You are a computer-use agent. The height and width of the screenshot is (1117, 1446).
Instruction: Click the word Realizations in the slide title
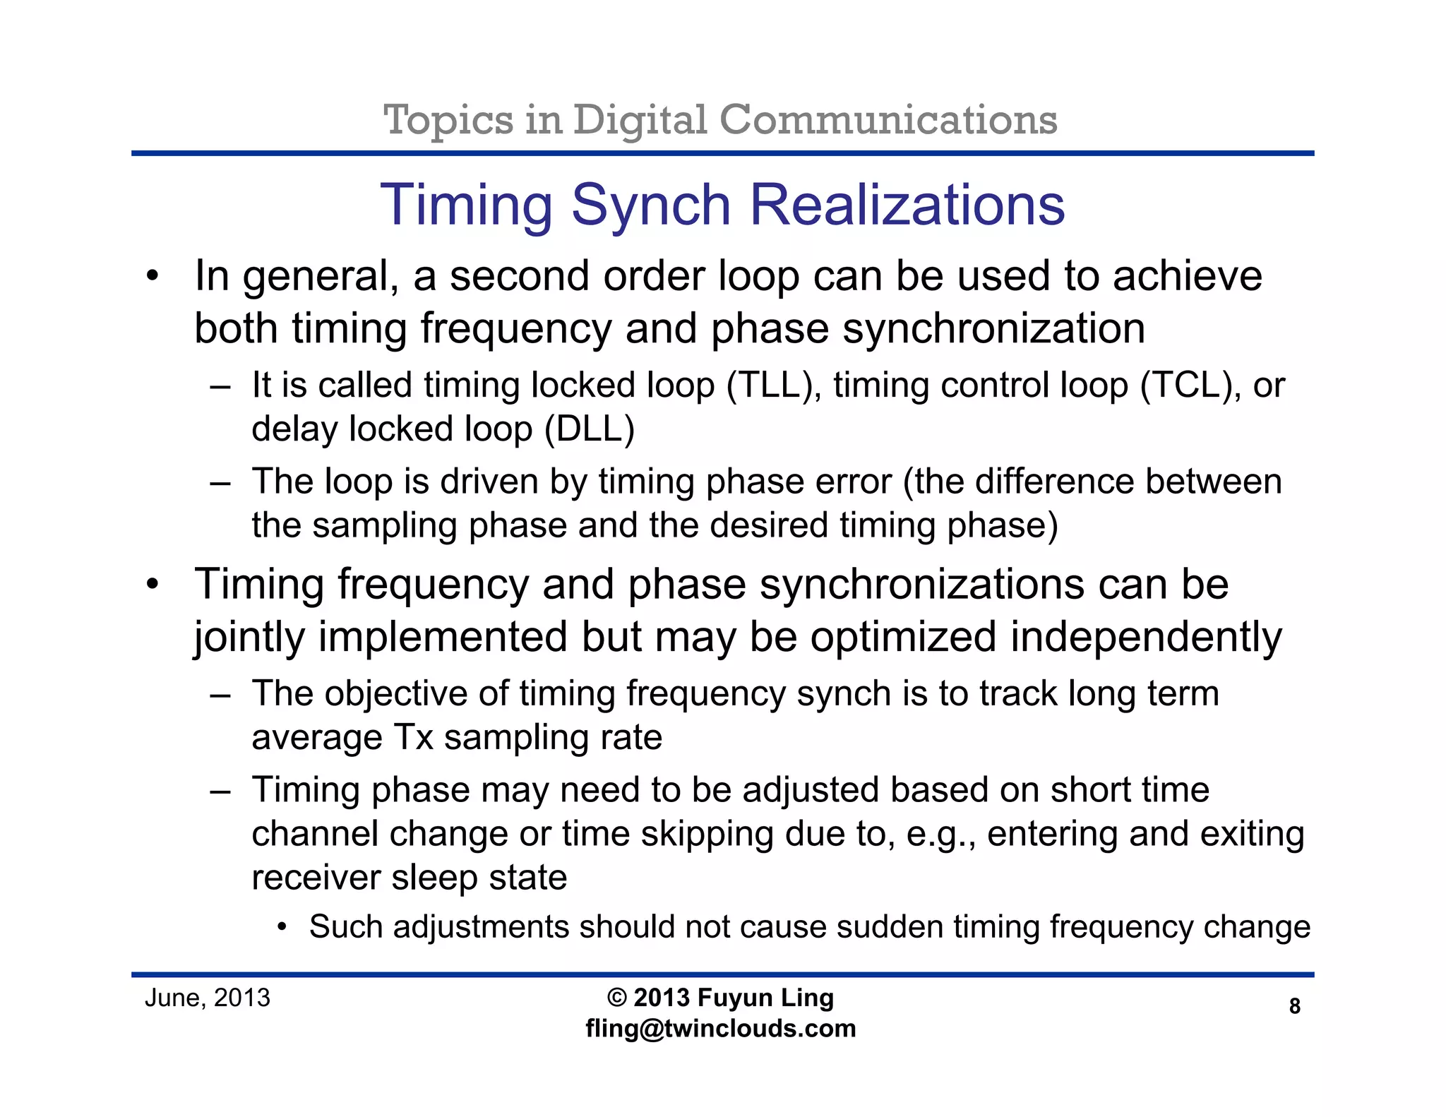907,205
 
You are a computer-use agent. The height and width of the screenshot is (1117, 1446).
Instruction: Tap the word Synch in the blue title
650,205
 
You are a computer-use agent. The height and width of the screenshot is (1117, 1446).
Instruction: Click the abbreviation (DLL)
590,429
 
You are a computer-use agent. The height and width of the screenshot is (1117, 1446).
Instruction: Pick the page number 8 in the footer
1294,1006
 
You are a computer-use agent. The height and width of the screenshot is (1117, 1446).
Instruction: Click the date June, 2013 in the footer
208,998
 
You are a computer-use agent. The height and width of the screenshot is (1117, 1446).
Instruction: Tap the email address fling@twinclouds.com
720,1029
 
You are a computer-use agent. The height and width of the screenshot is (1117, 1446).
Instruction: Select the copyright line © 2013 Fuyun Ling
720,998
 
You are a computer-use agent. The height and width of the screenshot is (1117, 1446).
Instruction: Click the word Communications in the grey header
888,119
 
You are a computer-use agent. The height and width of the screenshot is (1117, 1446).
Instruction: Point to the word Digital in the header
640,119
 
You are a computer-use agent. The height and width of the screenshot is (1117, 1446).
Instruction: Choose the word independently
1145,638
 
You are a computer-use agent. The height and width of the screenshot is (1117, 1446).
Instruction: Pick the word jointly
249,638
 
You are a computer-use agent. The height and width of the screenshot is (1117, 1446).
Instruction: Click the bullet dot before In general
153,276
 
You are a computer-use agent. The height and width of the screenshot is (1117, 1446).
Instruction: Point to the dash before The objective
220,695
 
